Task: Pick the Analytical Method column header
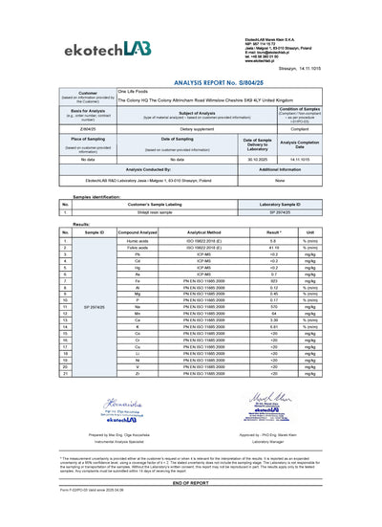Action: coord(203,231)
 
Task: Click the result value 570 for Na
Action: coord(273,306)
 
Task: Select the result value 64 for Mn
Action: coord(273,314)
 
